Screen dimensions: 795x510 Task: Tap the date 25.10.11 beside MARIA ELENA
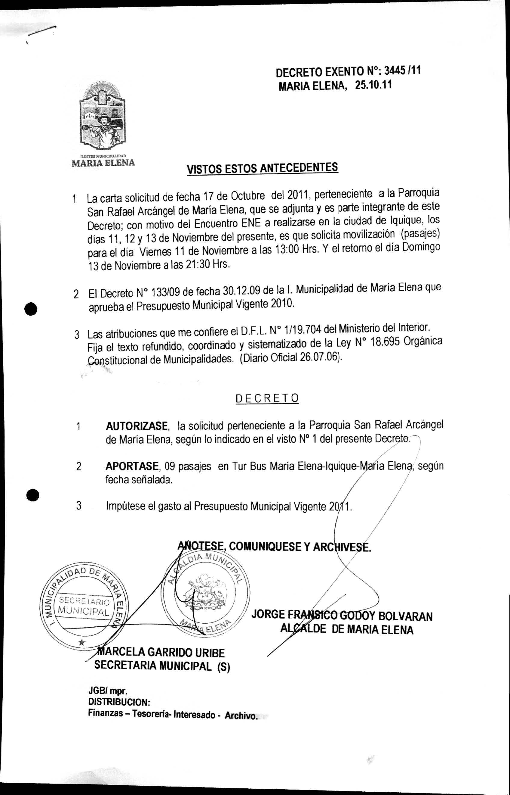tap(373, 85)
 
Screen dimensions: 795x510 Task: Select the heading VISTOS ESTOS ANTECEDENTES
tap(262, 168)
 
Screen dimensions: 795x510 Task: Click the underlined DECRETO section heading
tap(267, 398)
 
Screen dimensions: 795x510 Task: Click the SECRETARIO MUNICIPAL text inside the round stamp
tap(84, 605)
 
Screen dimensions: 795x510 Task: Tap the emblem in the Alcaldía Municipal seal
tap(203, 592)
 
